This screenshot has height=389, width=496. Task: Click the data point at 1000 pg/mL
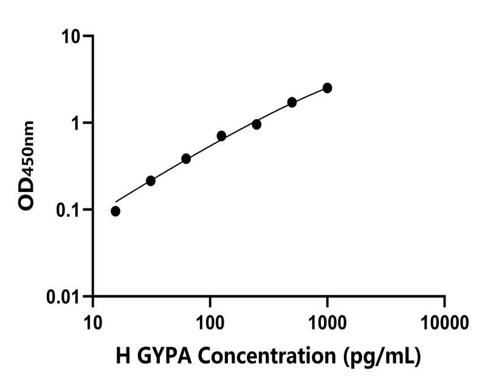point(328,88)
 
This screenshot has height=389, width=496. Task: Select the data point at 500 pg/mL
point(292,102)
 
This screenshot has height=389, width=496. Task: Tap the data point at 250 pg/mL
point(257,124)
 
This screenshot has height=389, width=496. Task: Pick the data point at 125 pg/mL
point(221,136)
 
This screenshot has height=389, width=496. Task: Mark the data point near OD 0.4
point(186,159)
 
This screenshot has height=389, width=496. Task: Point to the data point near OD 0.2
point(151,181)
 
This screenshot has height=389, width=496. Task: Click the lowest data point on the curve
point(115,211)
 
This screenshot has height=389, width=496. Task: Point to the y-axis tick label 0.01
point(64,297)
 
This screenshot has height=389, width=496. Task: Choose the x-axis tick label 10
point(93,320)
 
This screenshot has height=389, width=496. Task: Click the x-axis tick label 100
point(210,320)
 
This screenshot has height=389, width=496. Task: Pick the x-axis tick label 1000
point(328,320)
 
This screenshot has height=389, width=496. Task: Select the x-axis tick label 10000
point(444,320)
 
